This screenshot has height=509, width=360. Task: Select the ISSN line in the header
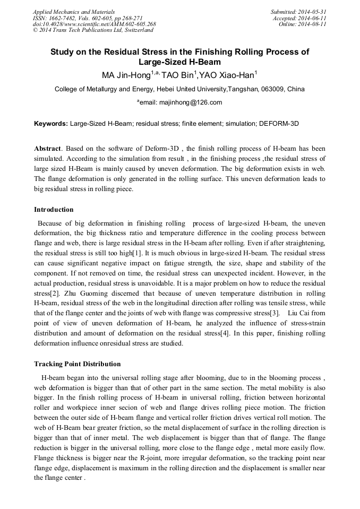pos(79,18)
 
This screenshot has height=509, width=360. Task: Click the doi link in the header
pos(94,24)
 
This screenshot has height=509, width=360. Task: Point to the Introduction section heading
pos(54,210)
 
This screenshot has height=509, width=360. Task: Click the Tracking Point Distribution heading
pos(77,364)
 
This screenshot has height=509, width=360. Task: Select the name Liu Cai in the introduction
pos(300,314)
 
